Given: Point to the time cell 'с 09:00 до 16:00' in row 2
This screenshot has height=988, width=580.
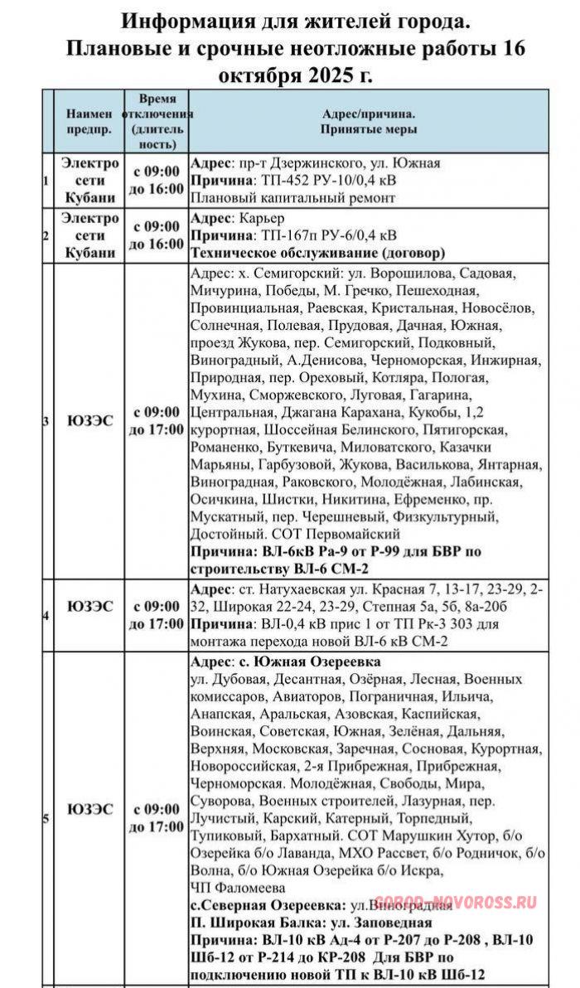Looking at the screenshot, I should click(x=157, y=235).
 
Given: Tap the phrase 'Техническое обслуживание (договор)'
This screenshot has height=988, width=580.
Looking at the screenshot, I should click(x=318, y=253).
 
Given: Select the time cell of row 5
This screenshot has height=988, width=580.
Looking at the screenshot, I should click(x=157, y=818).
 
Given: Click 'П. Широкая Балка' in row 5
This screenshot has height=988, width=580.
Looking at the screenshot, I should click(x=247, y=923).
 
